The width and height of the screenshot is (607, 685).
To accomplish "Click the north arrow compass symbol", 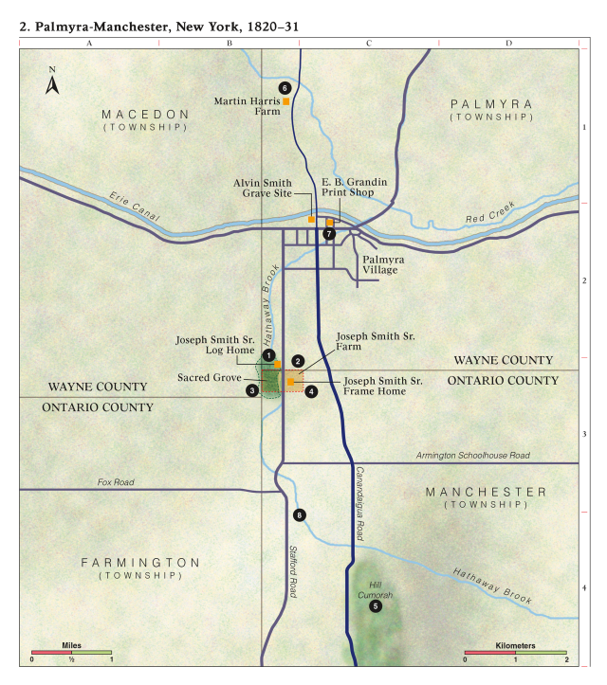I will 52,84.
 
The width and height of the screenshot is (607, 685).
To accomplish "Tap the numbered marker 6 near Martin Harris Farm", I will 285,87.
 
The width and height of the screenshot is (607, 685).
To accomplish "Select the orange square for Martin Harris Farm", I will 285,100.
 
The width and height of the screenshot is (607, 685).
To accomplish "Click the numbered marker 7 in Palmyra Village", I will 329,233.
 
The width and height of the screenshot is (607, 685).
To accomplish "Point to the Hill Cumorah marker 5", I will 376,606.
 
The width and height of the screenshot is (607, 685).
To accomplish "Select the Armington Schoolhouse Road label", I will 472,456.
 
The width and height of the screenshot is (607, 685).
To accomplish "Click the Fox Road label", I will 116,482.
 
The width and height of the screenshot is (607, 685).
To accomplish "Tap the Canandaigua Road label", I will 359,503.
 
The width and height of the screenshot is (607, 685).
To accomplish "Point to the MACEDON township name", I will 146,114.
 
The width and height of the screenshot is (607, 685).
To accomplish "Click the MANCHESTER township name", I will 487,492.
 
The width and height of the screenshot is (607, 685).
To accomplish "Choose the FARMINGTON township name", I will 140,562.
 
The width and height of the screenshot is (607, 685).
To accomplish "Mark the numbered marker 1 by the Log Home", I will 268,353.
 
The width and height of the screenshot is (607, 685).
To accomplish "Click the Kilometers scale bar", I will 515,654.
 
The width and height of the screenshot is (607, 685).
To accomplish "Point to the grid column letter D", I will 508,44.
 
